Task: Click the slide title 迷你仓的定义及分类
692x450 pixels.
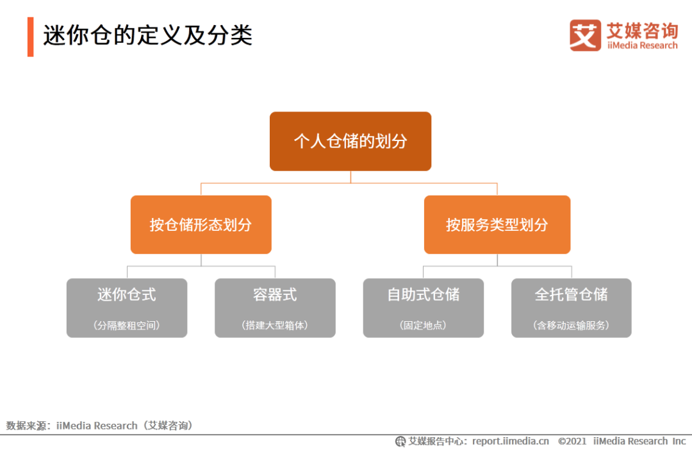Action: pyautogui.click(x=147, y=35)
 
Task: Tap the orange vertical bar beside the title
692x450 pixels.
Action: pyautogui.click(x=31, y=37)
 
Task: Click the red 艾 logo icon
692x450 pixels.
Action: pyautogui.click(x=585, y=35)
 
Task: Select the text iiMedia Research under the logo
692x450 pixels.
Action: pyautogui.click(x=642, y=46)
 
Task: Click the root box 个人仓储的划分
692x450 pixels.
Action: pyautogui.click(x=350, y=141)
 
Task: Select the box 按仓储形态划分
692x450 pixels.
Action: pyautogui.click(x=201, y=225)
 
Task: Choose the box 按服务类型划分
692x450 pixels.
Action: pyautogui.click(x=497, y=225)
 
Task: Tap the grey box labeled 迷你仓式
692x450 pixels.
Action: pyautogui.click(x=127, y=308)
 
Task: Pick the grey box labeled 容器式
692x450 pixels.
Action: pyautogui.click(x=275, y=308)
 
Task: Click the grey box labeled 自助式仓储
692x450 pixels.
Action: pyautogui.click(x=424, y=308)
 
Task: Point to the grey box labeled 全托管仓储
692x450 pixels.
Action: pyautogui.click(x=571, y=308)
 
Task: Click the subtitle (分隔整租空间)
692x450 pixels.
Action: pyautogui.click(x=127, y=326)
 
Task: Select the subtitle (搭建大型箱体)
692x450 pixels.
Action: pyautogui.click(x=275, y=326)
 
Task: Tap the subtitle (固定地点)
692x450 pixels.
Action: pyautogui.click(x=424, y=326)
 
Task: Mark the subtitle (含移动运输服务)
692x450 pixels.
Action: pyautogui.click(x=571, y=326)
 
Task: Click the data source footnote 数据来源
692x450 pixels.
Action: pyautogui.click(x=100, y=426)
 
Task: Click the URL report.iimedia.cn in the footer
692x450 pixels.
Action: pyautogui.click(x=511, y=441)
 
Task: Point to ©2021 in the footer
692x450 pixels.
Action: pyautogui.click(x=572, y=441)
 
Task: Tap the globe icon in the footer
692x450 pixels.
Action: pyautogui.click(x=400, y=441)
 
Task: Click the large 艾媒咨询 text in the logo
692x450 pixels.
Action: pyautogui.click(x=642, y=31)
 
